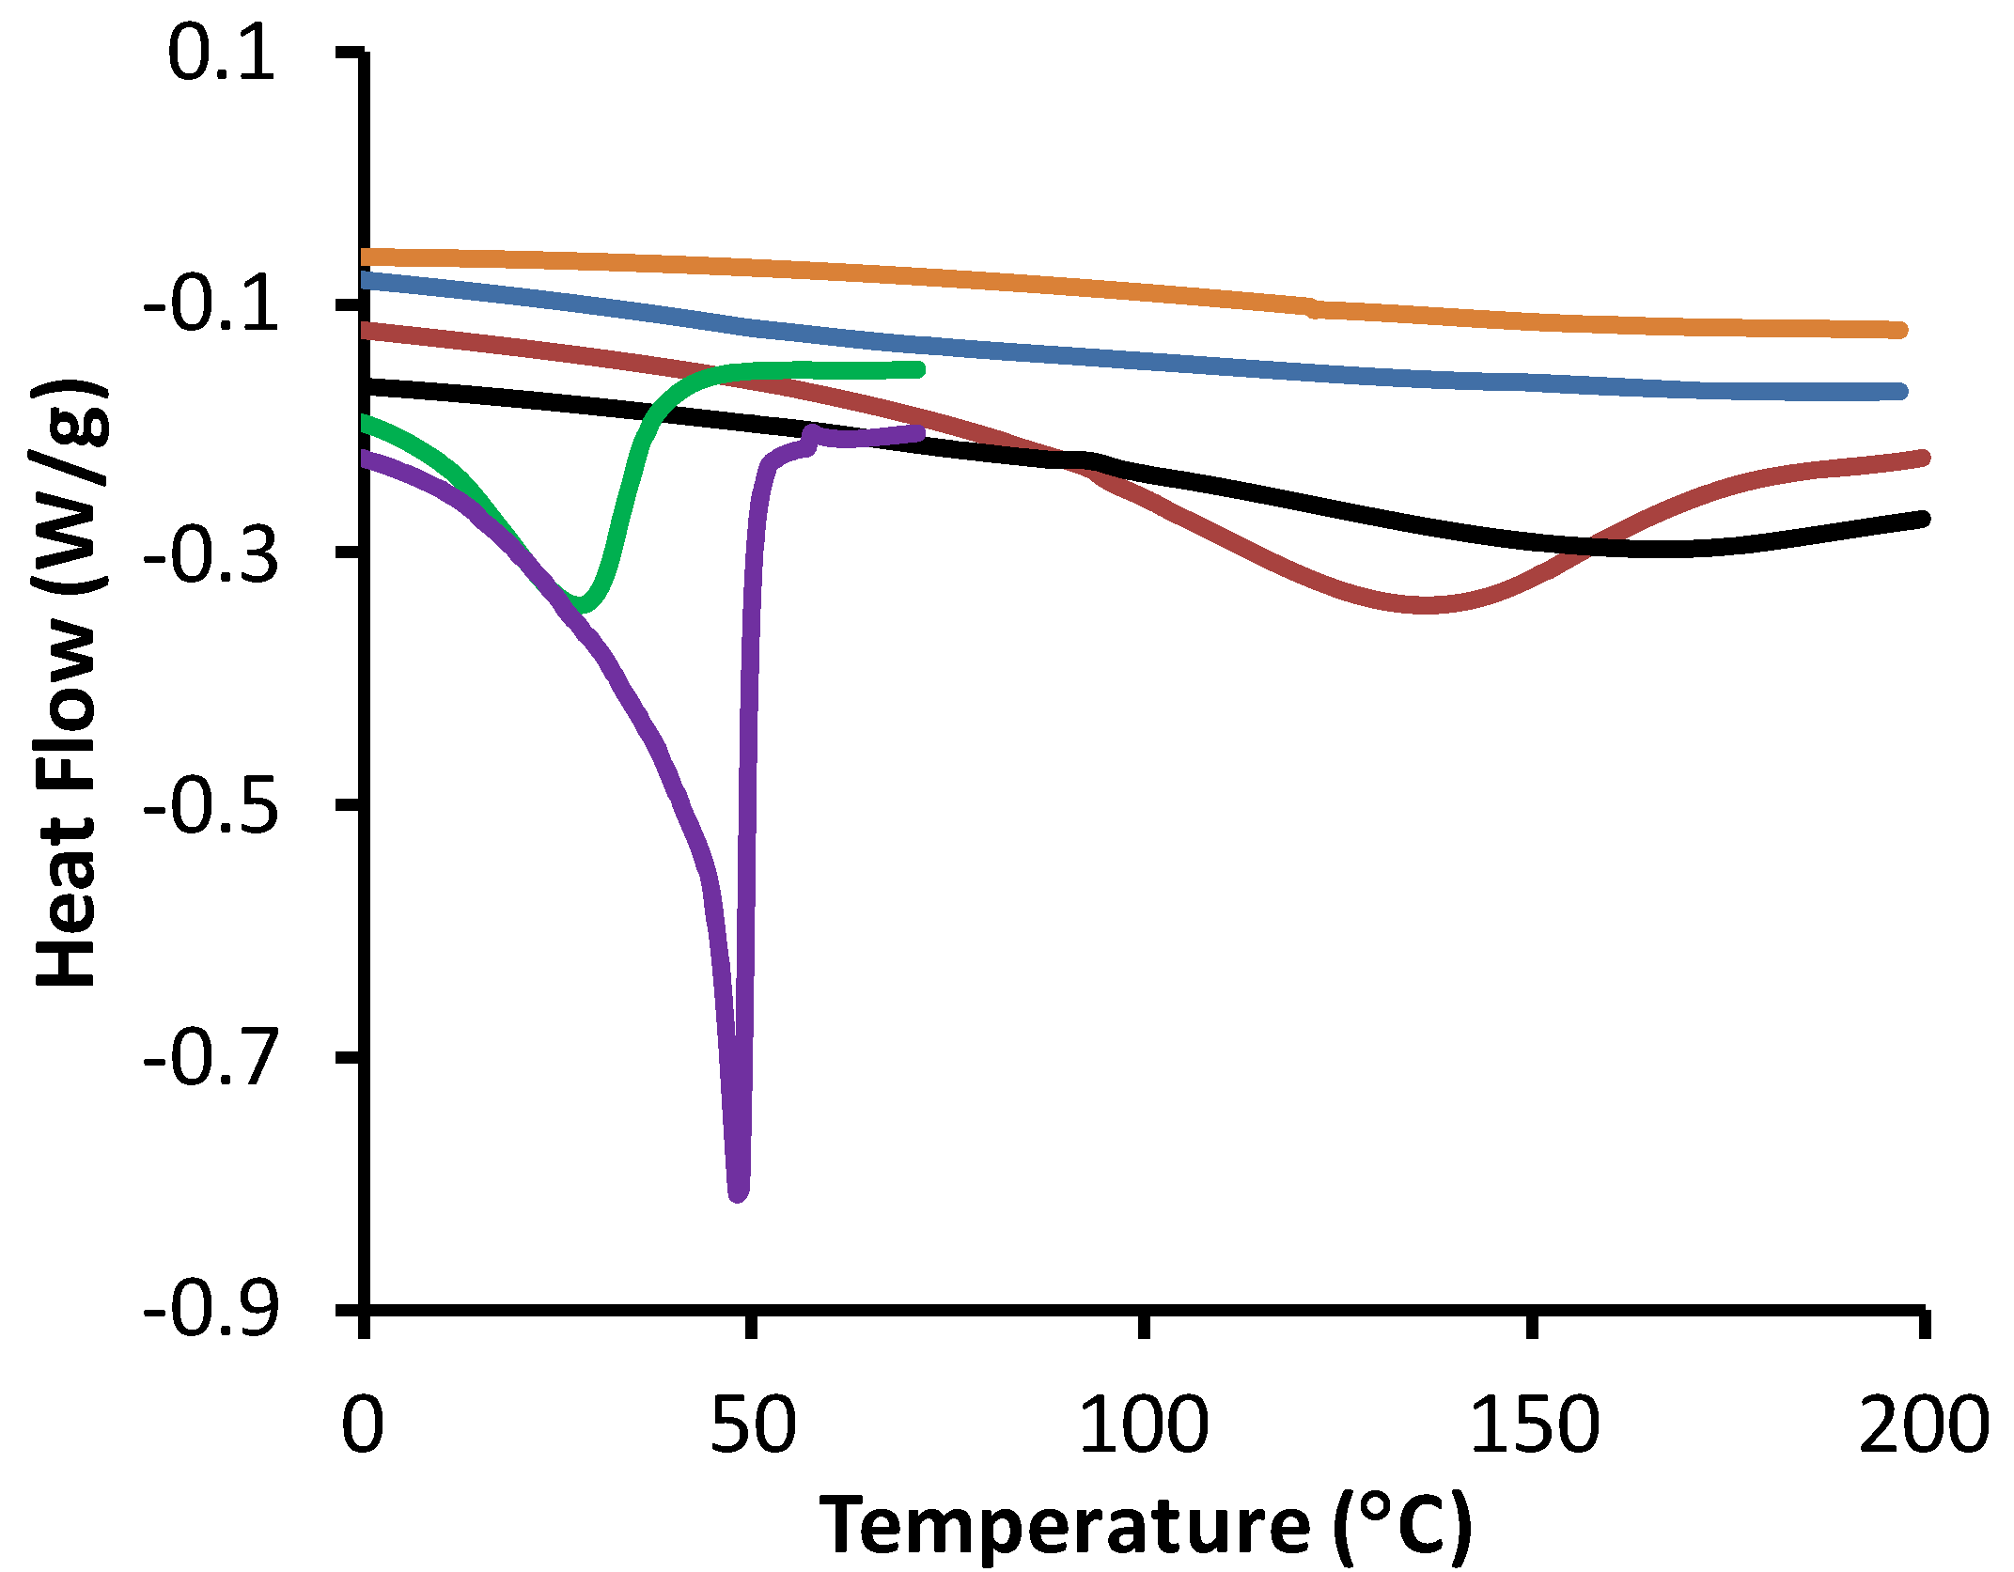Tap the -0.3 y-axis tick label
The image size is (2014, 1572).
click(x=212, y=555)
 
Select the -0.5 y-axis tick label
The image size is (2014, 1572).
click(x=212, y=807)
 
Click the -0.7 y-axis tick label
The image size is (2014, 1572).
click(x=212, y=1059)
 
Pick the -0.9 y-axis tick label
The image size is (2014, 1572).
click(x=212, y=1310)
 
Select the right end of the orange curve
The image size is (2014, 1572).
click(x=1900, y=330)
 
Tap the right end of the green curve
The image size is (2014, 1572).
click(x=918, y=369)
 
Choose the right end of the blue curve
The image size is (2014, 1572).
click(x=1900, y=391)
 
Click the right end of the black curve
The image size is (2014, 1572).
click(x=1923, y=519)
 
